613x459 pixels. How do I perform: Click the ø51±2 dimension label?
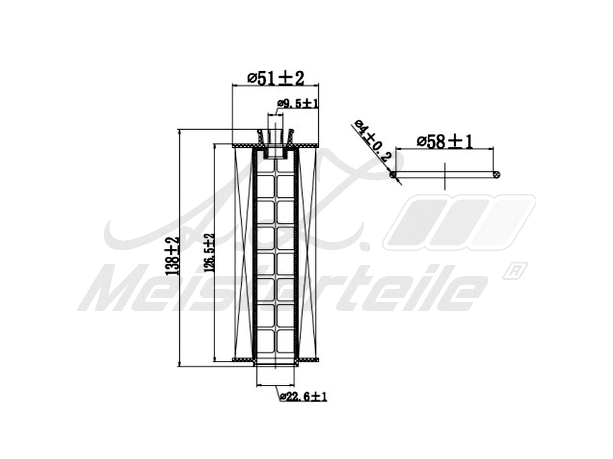click(275, 79)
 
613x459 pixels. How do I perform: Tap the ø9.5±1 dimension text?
click(298, 104)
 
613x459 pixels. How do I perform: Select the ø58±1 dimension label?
click(445, 142)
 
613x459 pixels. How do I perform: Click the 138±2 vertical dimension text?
click(172, 256)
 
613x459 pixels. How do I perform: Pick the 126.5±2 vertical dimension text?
click(210, 253)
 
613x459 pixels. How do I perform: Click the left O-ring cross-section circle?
click(393, 175)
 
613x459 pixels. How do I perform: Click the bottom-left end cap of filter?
click(243, 360)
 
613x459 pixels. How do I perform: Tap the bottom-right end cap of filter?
click(309, 360)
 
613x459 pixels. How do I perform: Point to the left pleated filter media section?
click(243, 252)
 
